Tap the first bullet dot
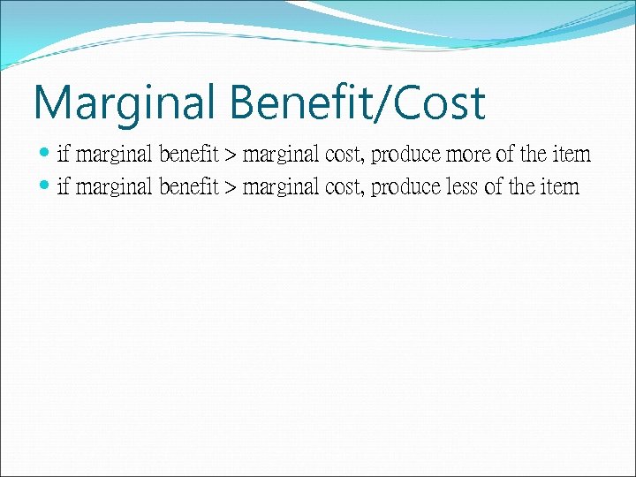[x=46, y=155]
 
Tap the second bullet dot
[x=46, y=186]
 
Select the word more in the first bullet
[x=469, y=155]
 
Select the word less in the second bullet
[x=462, y=187]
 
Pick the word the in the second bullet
[x=522, y=187]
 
